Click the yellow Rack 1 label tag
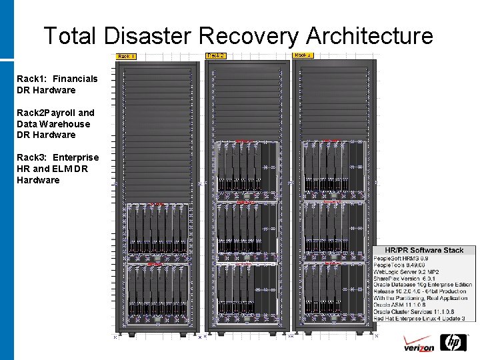pos(126,57)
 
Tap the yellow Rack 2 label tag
pos(215,55)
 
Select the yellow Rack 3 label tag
pos(303,55)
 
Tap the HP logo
pos(455,343)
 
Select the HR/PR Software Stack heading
pos(424,250)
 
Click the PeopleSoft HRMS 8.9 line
pos(401,258)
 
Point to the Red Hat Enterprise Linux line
pos(419,319)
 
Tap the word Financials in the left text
pos(76,79)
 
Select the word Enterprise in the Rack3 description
pos(76,157)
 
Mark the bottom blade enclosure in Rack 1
pos(157,293)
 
